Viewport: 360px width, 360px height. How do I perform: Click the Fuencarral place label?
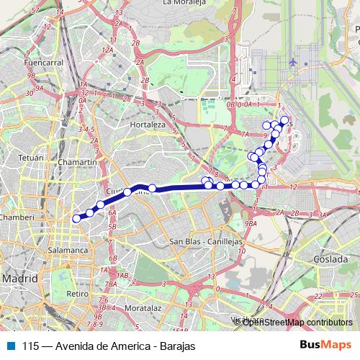[43, 63]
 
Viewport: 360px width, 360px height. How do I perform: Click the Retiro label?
[76, 294]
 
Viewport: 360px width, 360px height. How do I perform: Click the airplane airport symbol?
[293, 63]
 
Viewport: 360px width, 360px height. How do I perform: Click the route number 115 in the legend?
[30, 346]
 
